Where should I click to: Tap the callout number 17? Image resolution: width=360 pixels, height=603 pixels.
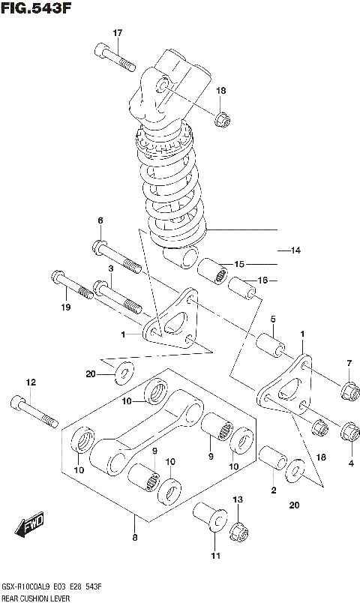(117, 33)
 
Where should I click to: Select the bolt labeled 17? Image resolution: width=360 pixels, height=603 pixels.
(115, 55)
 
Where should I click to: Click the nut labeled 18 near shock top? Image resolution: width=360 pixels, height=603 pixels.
(222, 118)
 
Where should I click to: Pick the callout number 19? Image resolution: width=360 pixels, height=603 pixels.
(66, 307)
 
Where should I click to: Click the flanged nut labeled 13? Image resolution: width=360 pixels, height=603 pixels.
(239, 529)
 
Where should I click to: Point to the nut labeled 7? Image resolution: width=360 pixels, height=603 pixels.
(348, 390)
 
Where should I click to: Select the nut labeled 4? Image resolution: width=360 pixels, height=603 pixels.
(349, 432)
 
